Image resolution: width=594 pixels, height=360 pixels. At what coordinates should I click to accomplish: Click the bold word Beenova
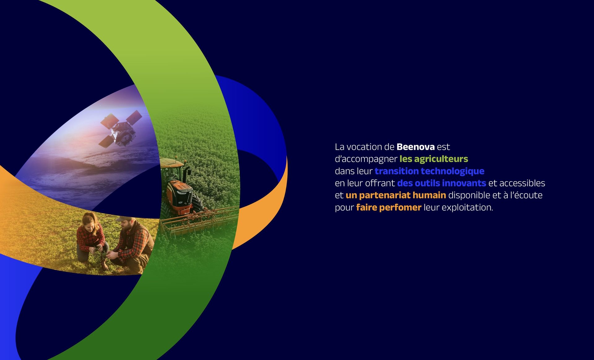coord(415,147)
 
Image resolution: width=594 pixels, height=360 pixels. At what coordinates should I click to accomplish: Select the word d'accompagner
coord(366,159)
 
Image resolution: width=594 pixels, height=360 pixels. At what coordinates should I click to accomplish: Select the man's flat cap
coord(125,219)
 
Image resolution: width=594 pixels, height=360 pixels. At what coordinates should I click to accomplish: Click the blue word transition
coord(396,171)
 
